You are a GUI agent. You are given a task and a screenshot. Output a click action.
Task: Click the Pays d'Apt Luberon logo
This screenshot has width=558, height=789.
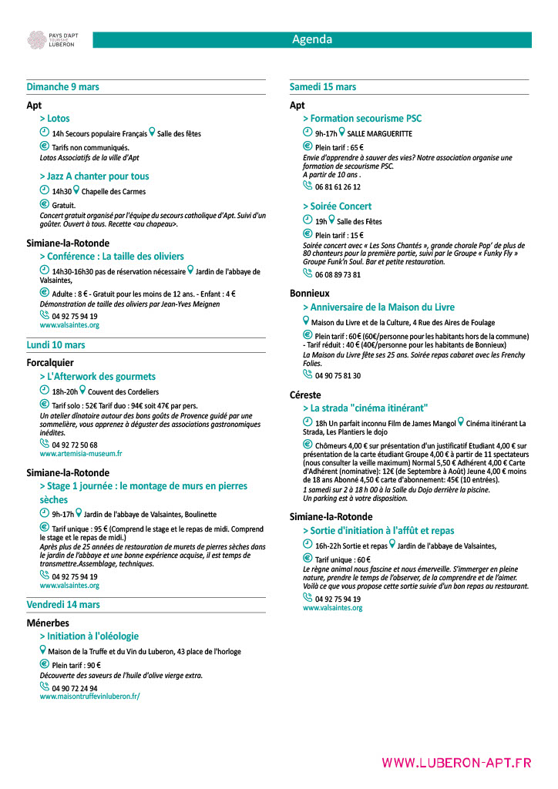pos(51,40)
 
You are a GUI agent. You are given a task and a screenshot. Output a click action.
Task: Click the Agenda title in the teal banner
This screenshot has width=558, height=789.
pos(312,40)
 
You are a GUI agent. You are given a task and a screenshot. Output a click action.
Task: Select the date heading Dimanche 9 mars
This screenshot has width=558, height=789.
pos(63,87)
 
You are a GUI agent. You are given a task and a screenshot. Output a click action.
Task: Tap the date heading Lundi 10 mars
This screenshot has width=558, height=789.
pos(56,345)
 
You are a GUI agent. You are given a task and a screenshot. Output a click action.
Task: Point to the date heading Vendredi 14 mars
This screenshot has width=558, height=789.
pos(63,605)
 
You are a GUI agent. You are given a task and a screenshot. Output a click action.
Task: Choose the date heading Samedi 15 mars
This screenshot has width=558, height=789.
pos(323,87)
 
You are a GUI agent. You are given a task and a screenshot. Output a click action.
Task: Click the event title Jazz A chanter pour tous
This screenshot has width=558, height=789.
pos(95,176)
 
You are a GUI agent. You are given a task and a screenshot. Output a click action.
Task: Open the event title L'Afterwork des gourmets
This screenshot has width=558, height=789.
pos(98,377)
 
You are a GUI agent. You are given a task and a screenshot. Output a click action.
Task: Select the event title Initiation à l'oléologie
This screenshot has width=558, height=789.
pos(89,636)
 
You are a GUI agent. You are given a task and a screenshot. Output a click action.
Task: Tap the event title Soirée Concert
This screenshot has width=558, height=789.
pos(337,206)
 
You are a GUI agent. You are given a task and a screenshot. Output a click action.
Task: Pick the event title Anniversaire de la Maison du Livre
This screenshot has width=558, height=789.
pos(378,307)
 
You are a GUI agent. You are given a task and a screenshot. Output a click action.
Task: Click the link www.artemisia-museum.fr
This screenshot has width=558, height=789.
pos(81,454)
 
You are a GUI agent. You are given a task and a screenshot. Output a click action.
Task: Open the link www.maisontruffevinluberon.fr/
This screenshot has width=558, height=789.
pos(90,696)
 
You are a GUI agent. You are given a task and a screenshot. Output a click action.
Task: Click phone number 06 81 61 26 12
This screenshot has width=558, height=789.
pos(338,186)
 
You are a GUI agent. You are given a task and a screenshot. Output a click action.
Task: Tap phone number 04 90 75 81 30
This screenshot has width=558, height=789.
pos(338,376)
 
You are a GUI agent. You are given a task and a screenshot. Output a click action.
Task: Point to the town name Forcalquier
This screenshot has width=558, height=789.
pos(51,362)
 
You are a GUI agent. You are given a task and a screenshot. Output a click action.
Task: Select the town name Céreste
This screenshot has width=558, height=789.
pos(307,394)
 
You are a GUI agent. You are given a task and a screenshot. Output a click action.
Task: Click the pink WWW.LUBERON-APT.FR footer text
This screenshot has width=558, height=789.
pos(456,763)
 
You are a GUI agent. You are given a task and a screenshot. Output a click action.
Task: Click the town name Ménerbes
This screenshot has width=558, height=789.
pos(48,623)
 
